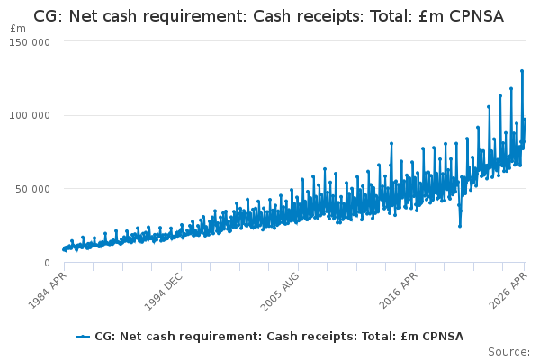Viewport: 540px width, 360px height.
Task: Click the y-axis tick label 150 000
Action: tap(30, 42)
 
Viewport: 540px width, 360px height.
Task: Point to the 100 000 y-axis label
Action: tap(30, 115)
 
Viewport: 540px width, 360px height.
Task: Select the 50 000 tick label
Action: tap(32, 189)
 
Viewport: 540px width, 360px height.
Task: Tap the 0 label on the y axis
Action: tap(47, 263)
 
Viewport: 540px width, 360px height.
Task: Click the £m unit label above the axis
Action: tap(18, 29)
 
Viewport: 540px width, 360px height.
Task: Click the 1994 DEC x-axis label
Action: tap(163, 292)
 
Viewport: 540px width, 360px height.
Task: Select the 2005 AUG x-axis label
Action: tap(280, 292)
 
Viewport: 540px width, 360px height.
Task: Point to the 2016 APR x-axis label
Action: tap(398, 291)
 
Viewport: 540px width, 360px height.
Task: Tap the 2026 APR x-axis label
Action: tap(508, 291)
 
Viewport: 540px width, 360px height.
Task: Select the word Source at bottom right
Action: tap(508, 352)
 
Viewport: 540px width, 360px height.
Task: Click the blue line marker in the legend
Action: tap(83, 337)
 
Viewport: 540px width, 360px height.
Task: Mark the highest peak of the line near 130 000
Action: tap(522, 71)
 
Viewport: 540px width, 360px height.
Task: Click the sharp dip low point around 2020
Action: tap(460, 226)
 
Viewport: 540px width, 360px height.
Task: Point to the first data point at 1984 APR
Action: tap(64, 249)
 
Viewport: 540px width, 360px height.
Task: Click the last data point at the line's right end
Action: tap(525, 120)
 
